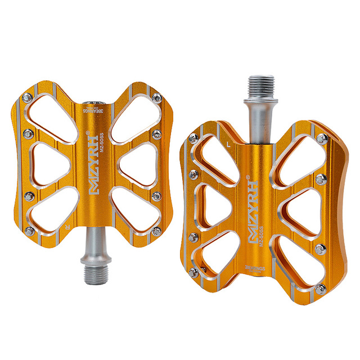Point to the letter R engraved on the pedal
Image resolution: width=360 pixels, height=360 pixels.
pos(67,228)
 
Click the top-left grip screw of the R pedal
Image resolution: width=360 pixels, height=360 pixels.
pos(27,99)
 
